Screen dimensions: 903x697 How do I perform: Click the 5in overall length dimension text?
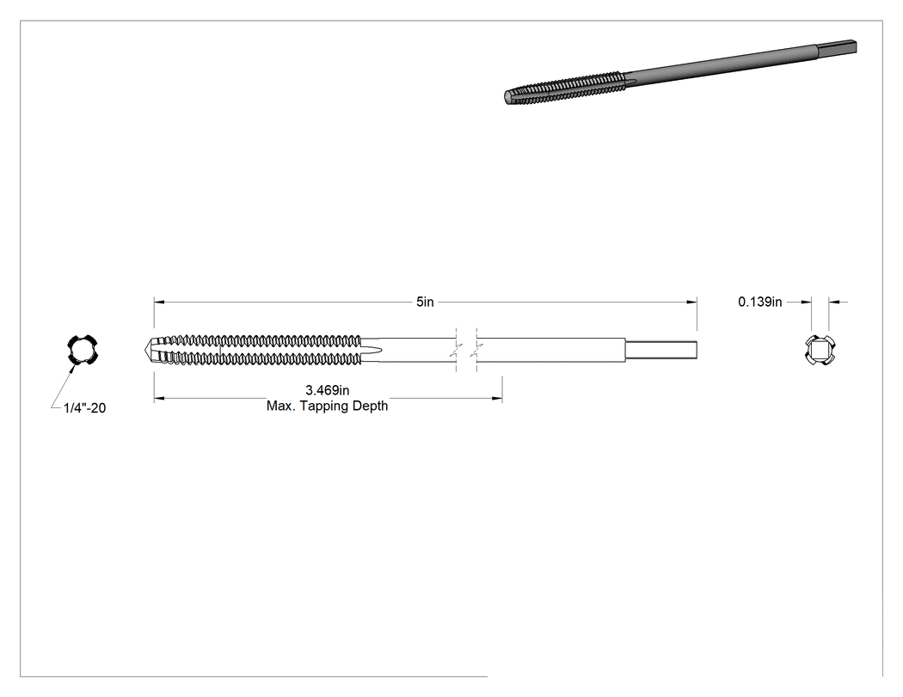[x=425, y=302]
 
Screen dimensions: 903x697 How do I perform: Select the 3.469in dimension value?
[x=327, y=390]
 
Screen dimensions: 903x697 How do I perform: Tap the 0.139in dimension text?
[x=760, y=302]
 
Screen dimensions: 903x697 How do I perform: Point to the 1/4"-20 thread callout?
[x=84, y=408]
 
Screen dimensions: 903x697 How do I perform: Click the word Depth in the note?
[x=372, y=406]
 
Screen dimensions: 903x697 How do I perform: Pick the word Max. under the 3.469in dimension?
[x=279, y=406]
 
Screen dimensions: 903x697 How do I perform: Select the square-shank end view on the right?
[x=820, y=350]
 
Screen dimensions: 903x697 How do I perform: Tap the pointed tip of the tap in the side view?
[x=144, y=350]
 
